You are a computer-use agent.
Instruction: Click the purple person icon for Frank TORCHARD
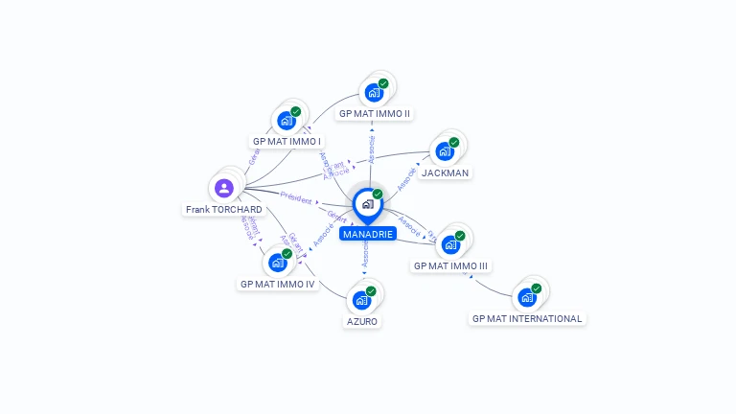[224, 188]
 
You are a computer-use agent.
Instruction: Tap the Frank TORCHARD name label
[224, 209]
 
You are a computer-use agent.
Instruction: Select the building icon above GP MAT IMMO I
[286, 121]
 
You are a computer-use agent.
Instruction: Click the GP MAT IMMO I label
[287, 141]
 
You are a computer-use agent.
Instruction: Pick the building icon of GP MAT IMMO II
[374, 93]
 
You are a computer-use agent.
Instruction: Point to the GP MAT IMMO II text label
[375, 113]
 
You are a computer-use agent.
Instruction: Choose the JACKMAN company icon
[445, 151]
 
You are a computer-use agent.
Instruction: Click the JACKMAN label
[446, 172]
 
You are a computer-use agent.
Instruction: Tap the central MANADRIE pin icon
[367, 204]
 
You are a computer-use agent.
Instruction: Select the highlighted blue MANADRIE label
[368, 233]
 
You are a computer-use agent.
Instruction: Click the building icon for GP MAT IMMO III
[450, 244]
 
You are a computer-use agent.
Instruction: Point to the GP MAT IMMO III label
[450, 265]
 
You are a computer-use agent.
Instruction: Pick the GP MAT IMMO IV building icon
[277, 263]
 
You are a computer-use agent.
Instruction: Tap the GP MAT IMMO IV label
[278, 284]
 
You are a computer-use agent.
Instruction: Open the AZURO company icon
[361, 300]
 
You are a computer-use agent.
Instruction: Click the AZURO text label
[362, 321]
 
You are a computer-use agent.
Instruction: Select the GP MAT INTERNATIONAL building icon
[527, 297]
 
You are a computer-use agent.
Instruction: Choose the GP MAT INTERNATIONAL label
[527, 318]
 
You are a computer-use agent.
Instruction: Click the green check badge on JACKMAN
[454, 143]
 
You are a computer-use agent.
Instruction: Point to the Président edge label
[296, 199]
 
